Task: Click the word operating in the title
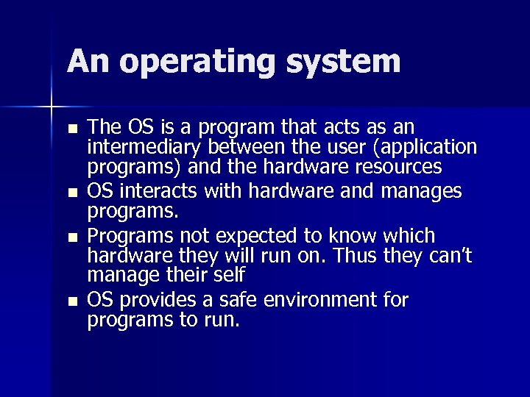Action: click(197, 62)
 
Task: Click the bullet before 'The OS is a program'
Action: click(71, 129)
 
